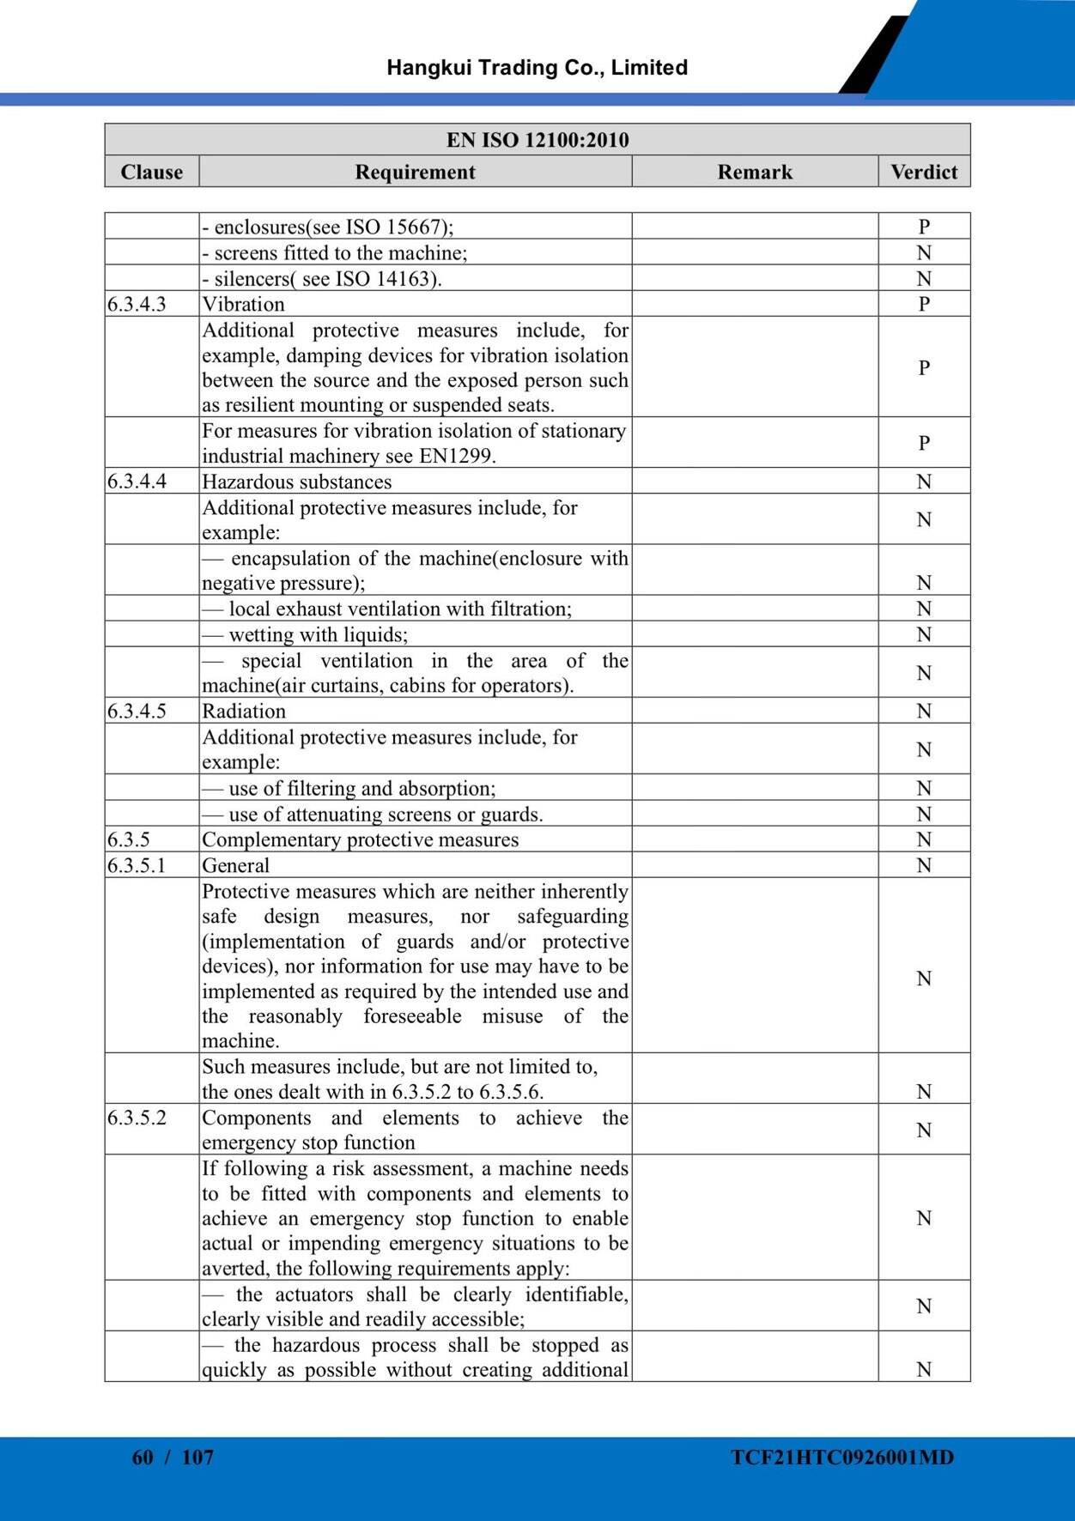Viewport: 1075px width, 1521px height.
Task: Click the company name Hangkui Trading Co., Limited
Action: tap(537, 68)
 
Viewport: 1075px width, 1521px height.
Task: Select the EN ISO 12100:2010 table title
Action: tap(537, 140)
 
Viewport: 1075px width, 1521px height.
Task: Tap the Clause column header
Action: tap(152, 172)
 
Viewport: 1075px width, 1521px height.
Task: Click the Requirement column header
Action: tap(415, 172)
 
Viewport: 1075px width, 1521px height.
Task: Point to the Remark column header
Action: tap(755, 172)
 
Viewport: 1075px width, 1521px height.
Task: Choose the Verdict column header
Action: tap(924, 172)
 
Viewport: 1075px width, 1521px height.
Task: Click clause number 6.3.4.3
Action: tap(137, 304)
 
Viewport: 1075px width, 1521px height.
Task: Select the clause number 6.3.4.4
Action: tap(137, 482)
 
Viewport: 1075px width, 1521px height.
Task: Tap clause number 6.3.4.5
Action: tap(137, 711)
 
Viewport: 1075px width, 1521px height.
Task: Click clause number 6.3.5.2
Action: tap(137, 1118)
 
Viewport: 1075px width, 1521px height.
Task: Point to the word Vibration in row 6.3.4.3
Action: tap(243, 304)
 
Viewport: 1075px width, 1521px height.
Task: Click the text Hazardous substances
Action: tap(297, 482)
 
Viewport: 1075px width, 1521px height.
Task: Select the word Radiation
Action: tap(244, 711)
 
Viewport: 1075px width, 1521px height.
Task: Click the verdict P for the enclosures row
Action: tap(924, 227)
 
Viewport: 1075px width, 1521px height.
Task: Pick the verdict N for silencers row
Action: tap(924, 278)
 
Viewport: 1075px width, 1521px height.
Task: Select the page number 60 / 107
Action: tap(173, 1457)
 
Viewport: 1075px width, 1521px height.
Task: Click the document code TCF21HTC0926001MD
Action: tap(842, 1457)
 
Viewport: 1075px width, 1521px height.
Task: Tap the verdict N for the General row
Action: tap(924, 865)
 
